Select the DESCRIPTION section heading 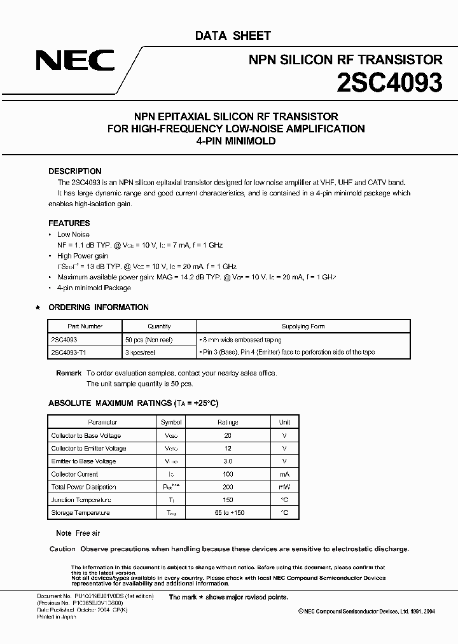click(x=75, y=171)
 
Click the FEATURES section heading click(x=69, y=223)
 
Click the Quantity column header click(x=159, y=326)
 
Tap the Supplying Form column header click(x=303, y=326)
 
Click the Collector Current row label click(x=74, y=474)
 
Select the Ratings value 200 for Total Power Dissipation click(x=228, y=487)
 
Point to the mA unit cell click(x=284, y=474)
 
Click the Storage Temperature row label click(x=80, y=512)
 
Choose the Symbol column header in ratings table click(x=171, y=422)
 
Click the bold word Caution click(x=62, y=549)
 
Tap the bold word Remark click(x=69, y=373)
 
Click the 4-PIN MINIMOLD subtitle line click(x=236, y=141)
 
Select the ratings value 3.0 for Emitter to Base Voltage click(x=228, y=461)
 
